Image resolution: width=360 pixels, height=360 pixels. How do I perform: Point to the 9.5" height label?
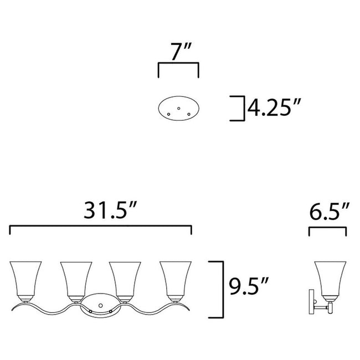249,287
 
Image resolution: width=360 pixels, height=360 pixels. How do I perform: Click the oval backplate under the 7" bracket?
179,109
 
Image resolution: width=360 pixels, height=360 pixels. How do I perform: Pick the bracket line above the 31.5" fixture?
101,227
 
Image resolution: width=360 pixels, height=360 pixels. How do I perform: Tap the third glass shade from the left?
126,280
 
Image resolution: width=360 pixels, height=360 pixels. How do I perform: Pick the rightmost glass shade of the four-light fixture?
175,280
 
